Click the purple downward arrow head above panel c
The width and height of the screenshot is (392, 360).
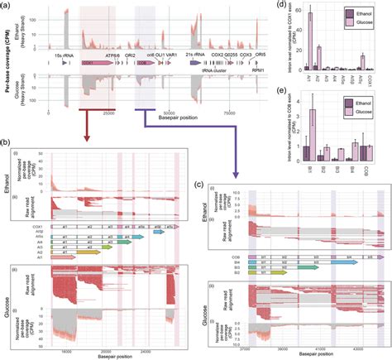[x=236, y=171]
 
